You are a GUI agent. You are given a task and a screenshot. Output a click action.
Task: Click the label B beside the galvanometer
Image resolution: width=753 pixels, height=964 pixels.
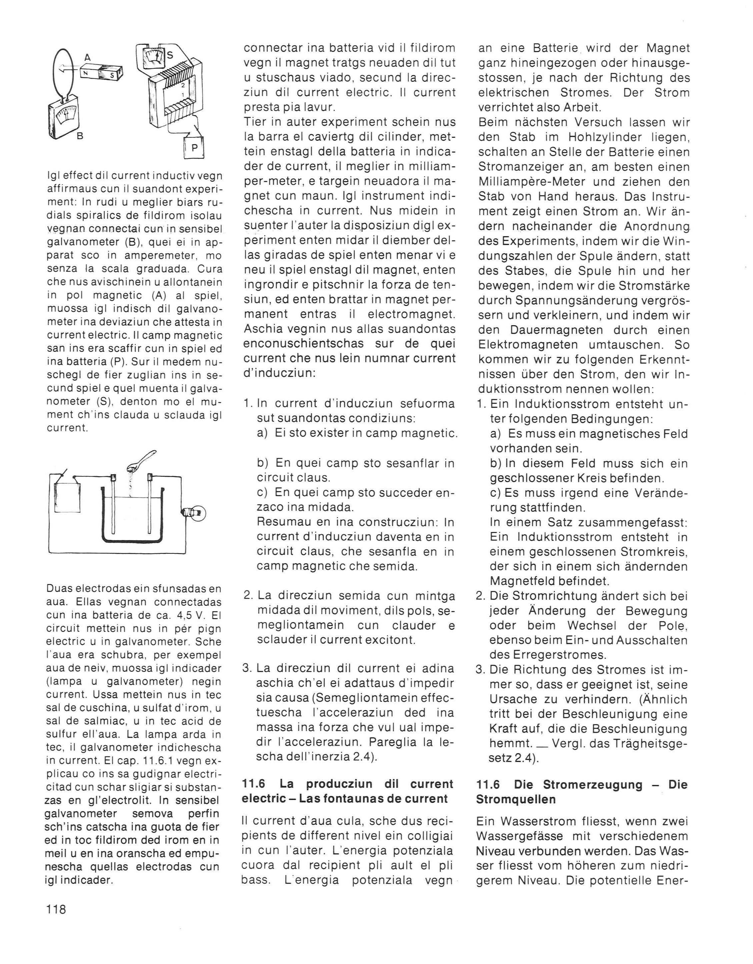[x=80, y=136]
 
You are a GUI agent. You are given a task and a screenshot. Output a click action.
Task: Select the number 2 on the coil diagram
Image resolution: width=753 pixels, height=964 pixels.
[x=182, y=85]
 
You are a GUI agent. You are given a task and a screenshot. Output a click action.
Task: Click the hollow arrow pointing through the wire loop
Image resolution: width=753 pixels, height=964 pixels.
[x=67, y=68]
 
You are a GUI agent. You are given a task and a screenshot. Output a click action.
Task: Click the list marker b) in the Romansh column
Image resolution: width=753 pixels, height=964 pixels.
[x=263, y=463]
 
